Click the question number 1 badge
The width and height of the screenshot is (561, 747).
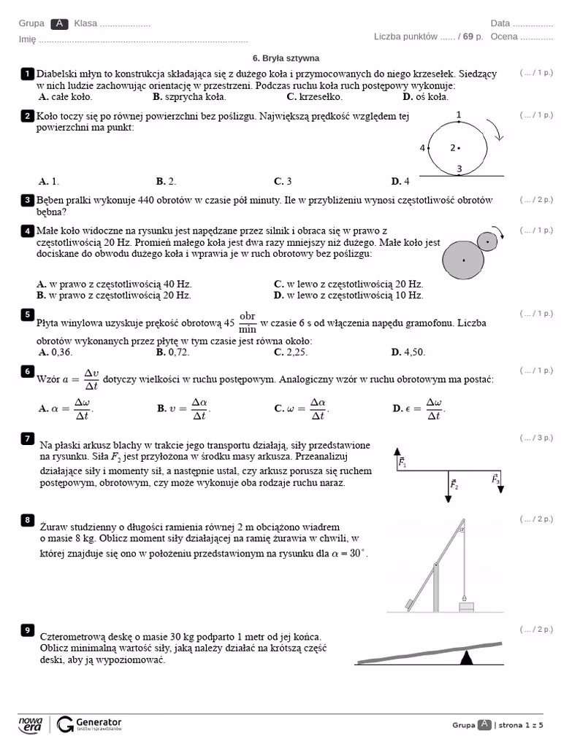(x=28, y=74)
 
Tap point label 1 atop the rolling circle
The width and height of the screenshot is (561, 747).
(x=458, y=115)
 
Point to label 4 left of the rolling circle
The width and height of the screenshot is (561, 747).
(x=422, y=148)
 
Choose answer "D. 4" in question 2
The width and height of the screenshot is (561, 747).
(x=400, y=182)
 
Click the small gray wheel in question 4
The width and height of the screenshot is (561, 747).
(x=486, y=240)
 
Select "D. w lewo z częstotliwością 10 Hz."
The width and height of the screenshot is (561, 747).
(x=348, y=295)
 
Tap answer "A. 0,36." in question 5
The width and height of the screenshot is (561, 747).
(x=56, y=352)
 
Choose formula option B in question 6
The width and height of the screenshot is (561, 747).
(x=183, y=409)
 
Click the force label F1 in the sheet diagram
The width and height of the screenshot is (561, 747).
(x=402, y=462)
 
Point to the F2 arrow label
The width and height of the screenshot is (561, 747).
(x=454, y=484)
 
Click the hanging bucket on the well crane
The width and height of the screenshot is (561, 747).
(x=466, y=605)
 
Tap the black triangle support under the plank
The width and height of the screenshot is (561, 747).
(x=465, y=658)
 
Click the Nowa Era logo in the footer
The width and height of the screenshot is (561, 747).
(x=31, y=724)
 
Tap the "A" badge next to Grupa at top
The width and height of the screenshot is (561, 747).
(x=61, y=23)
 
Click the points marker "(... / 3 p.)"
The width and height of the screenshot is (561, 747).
(x=536, y=438)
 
